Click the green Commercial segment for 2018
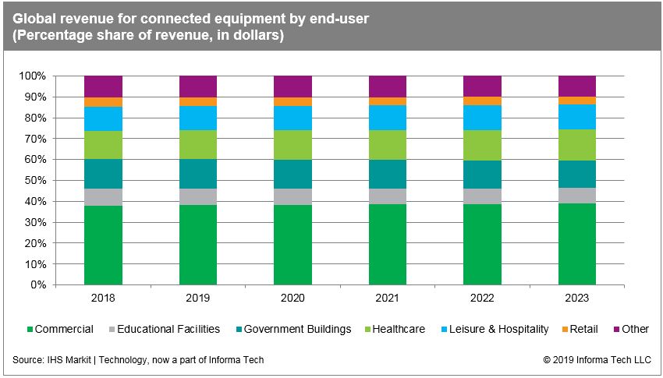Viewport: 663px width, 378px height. tap(103, 245)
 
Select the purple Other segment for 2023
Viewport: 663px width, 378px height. tap(576, 86)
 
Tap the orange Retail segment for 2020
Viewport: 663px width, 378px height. tap(292, 101)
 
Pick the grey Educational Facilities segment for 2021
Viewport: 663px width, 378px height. tap(388, 196)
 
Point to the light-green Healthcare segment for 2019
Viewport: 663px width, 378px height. tap(198, 144)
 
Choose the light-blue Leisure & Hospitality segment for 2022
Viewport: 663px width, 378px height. tap(482, 117)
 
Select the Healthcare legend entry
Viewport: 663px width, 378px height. tap(398, 329)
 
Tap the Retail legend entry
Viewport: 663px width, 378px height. tap(583, 329)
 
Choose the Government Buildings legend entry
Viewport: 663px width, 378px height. tap(297, 329)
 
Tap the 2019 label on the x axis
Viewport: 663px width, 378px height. tap(198, 299)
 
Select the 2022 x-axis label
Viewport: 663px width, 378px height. tap(482, 299)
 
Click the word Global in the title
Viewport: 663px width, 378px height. tap(34, 19)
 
